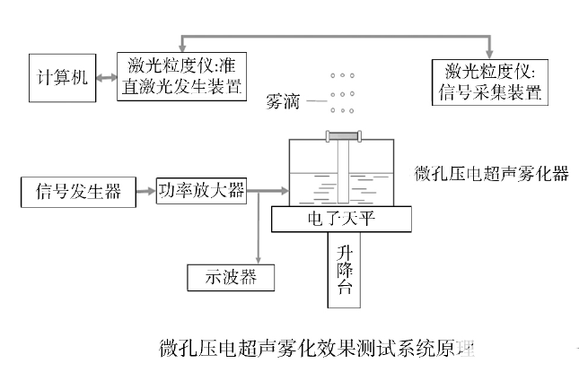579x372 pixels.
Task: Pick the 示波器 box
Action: click(x=231, y=277)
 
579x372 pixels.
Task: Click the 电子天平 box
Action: click(x=342, y=217)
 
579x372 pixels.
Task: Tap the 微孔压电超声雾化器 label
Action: click(x=493, y=174)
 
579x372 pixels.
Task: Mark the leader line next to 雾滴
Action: click(x=315, y=101)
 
